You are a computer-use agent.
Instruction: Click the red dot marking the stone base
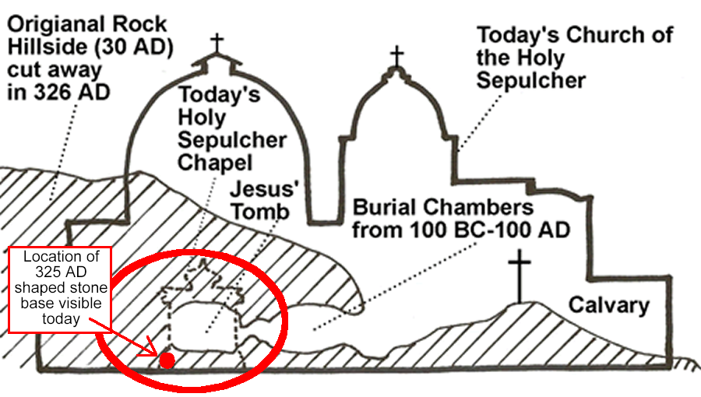pos(167,360)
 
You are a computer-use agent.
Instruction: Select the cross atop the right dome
pos(397,55)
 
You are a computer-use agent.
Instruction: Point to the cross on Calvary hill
pos(519,276)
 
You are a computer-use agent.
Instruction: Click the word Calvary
pos(609,304)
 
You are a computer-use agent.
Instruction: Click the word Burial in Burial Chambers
pos(384,208)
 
